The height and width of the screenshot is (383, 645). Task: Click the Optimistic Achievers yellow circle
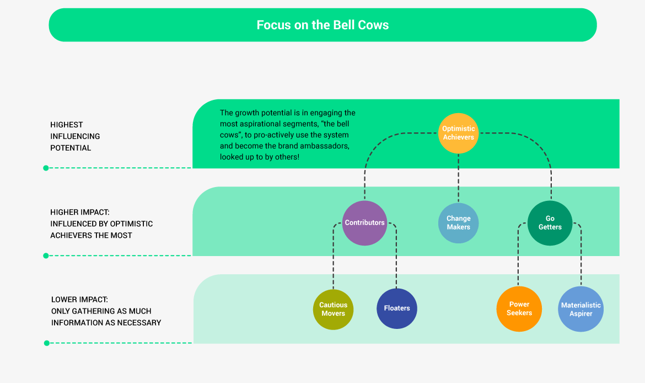coord(459,133)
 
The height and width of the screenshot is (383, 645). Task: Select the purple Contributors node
coord(364,223)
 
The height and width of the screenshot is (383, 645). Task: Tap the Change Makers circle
coord(459,223)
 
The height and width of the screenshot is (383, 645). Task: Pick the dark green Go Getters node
coord(550,223)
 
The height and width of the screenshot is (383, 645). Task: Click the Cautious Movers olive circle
coord(333,309)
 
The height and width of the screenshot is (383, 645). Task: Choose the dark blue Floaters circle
coord(397,308)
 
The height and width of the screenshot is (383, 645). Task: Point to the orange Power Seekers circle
coord(519,308)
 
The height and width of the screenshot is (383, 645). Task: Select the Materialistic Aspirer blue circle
coord(581,309)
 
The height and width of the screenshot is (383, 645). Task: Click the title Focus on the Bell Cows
coord(322,25)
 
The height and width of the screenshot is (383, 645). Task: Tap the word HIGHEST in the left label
coord(67,125)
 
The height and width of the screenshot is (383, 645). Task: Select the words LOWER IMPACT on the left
coord(79,300)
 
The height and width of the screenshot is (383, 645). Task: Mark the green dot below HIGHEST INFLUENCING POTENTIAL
coord(46,168)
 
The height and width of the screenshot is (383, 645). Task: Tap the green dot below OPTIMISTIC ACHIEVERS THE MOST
coord(46,256)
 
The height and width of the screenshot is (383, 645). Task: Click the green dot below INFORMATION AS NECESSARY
coord(46,343)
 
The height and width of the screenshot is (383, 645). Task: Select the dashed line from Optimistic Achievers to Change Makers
coord(459,178)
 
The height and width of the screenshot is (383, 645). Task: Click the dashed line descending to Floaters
coord(396,259)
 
